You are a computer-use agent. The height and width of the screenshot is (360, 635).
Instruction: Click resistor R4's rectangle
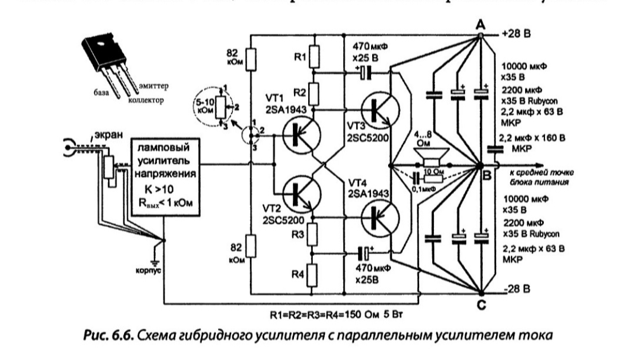[x=313, y=274]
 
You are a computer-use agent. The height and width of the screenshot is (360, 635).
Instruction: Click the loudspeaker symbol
[x=432, y=158]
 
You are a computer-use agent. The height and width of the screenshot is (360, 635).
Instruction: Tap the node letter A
[x=480, y=24]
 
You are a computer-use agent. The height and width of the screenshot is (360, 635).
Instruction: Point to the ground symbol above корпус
[x=155, y=262]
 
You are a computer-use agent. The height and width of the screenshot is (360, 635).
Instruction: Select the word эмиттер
[x=155, y=88]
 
